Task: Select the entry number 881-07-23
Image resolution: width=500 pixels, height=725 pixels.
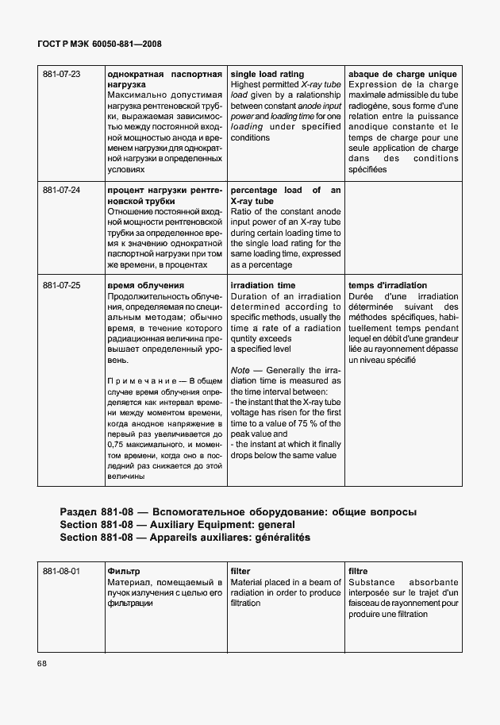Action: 62,74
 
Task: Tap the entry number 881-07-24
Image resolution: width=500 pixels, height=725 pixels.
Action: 62,191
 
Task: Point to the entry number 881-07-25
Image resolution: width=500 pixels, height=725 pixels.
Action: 62,285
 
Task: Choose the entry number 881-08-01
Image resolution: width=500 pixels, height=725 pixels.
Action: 62,571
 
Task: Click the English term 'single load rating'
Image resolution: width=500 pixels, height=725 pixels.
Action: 267,74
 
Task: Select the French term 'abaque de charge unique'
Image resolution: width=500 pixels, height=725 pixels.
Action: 403,74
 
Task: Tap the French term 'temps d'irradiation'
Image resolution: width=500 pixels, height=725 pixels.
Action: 388,285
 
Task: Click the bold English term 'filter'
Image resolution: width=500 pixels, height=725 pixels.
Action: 240,571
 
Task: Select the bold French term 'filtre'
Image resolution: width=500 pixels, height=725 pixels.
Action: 359,571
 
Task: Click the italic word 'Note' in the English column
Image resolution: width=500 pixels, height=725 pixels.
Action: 240,370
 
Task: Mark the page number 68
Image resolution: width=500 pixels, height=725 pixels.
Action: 41,664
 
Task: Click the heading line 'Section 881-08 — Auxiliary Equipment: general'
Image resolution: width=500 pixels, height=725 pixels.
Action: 177,525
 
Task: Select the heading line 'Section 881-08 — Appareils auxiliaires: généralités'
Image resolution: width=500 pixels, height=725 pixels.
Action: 185,538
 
